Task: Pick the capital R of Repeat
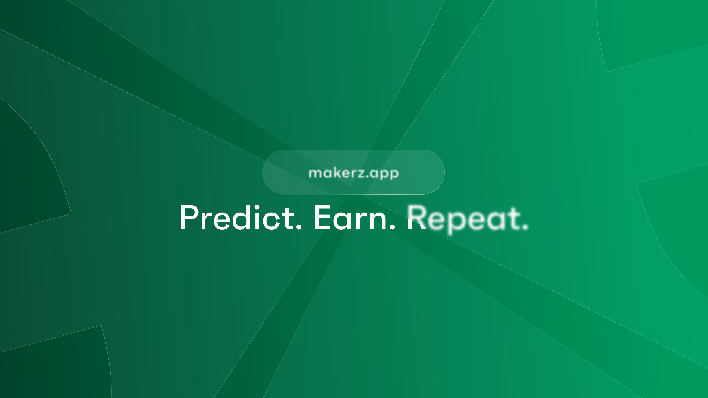pos(417,218)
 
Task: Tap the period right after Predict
pos(298,227)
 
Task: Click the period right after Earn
pos(392,227)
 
